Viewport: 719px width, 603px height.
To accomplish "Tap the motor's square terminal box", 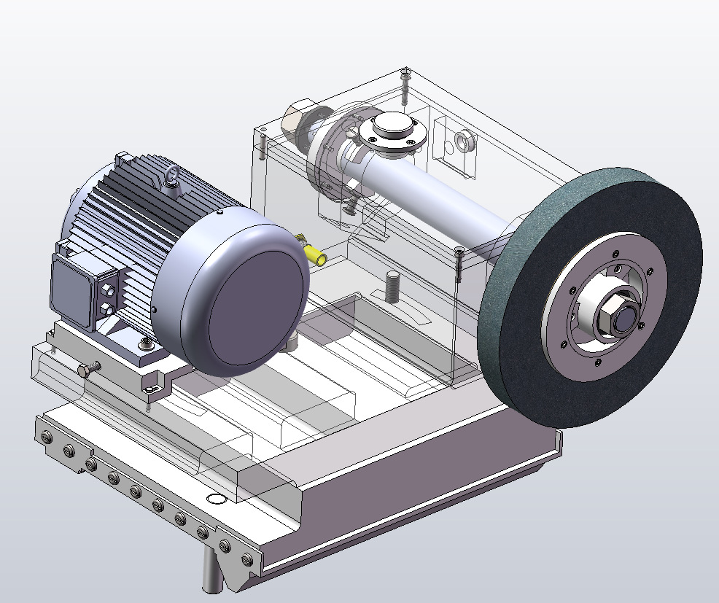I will (x=73, y=289).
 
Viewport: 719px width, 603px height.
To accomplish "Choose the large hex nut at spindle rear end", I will (x=294, y=120).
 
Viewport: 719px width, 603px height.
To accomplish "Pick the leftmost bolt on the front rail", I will (x=47, y=437).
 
